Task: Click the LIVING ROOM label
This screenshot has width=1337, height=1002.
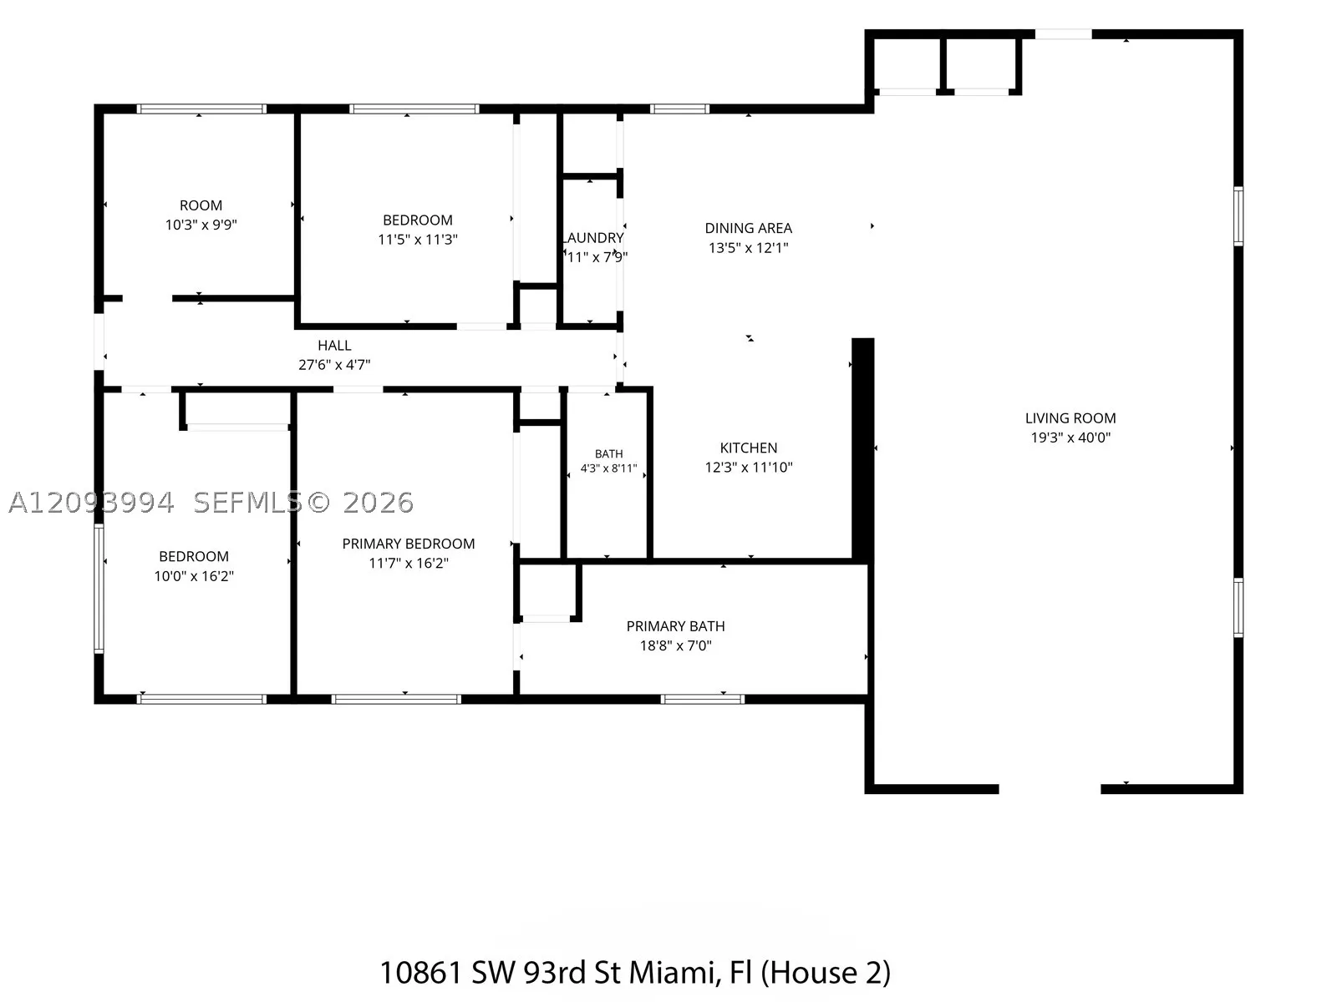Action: click(1070, 418)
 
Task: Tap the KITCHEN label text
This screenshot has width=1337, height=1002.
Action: click(749, 448)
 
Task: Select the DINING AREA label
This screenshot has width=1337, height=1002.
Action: click(749, 228)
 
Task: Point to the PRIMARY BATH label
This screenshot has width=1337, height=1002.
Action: click(675, 626)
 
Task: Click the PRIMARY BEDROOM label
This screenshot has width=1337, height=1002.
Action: click(408, 544)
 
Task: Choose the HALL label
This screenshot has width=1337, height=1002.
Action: click(334, 345)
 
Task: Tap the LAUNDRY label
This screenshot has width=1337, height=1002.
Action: click(593, 237)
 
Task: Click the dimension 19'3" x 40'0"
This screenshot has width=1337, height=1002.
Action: click(1070, 438)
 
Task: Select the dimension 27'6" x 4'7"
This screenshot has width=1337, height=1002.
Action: click(334, 364)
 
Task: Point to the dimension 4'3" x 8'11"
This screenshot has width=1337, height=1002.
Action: click(608, 468)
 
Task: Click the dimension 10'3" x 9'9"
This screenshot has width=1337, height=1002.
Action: click(201, 225)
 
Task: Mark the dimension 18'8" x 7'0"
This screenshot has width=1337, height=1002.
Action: click(675, 645)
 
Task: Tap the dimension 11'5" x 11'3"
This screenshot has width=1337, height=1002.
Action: click(418, 239)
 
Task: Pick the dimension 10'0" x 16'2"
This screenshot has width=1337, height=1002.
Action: click(194, 575)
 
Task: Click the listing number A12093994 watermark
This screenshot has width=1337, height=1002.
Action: click(91, 503)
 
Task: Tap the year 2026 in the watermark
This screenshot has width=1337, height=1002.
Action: click(378, 503)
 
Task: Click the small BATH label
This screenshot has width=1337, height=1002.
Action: click(608, 454)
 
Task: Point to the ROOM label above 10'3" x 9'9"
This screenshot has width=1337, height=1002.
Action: click(201, 205)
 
